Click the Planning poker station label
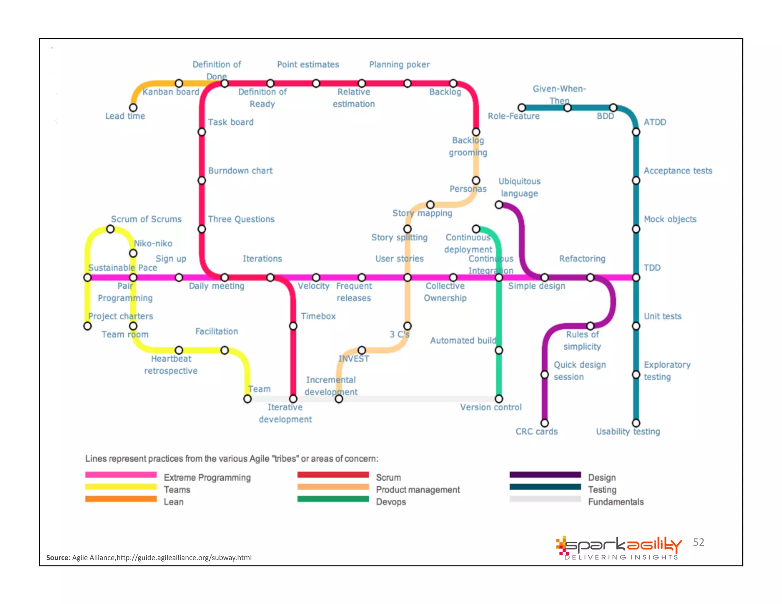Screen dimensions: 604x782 tap(399, 65)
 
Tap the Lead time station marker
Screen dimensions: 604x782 tap(133, 108)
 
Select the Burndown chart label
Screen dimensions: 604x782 tap(240, 171)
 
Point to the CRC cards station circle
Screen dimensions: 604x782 tap(544, 423)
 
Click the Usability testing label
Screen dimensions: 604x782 tap(628, 431)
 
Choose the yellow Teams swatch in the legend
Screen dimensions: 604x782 tap(121, 487)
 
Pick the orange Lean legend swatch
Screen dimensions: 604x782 tap(121, 499)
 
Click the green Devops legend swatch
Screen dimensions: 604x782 tap(333, 499)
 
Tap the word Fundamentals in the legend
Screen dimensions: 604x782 tap(616, 502)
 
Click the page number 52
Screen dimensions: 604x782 tap(698, 542)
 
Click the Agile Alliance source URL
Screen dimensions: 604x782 tap(184, 557)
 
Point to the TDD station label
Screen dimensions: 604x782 tap(652, 268)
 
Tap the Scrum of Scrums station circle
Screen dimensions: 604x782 tap(110, 229)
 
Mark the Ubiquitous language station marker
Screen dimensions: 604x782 tap(499, 205)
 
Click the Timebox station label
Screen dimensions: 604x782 tap(318, 316)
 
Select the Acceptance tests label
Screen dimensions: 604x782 tap(678, 171)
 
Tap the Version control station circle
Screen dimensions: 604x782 tap(499, 399)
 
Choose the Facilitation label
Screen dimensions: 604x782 tap(217, 331)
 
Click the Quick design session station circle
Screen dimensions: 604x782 tap(544, 375)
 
